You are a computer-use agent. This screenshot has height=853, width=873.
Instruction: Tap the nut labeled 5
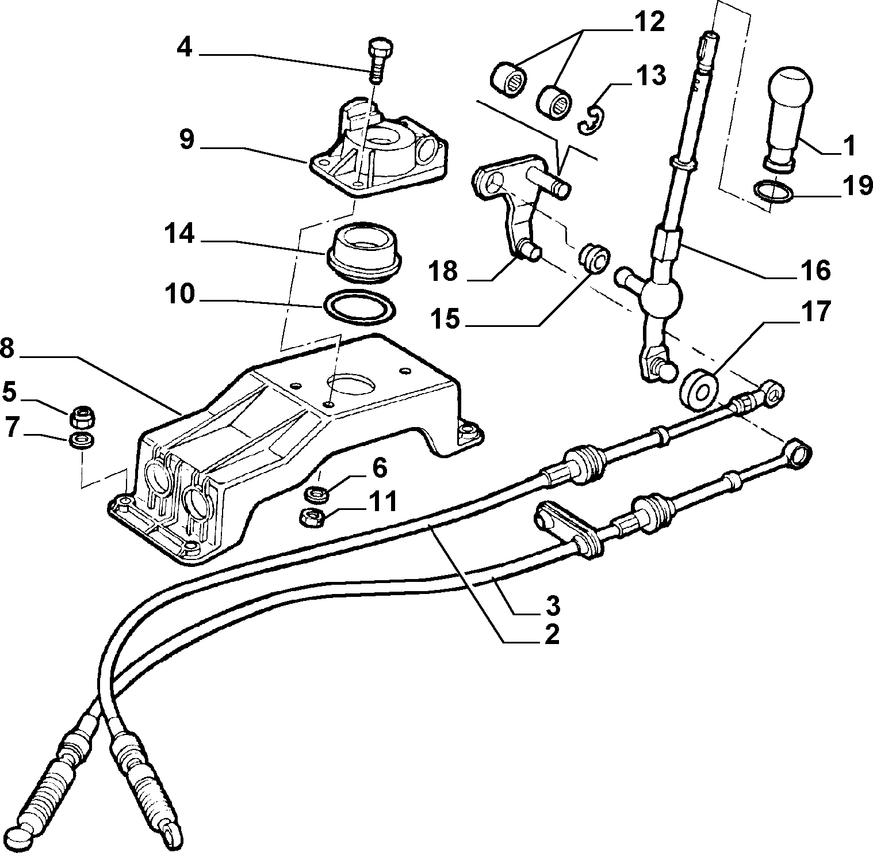tap(82, 415)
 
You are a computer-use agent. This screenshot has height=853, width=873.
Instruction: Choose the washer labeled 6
tap(315, 493)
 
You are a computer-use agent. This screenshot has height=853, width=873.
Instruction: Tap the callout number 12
tap(648, 23)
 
